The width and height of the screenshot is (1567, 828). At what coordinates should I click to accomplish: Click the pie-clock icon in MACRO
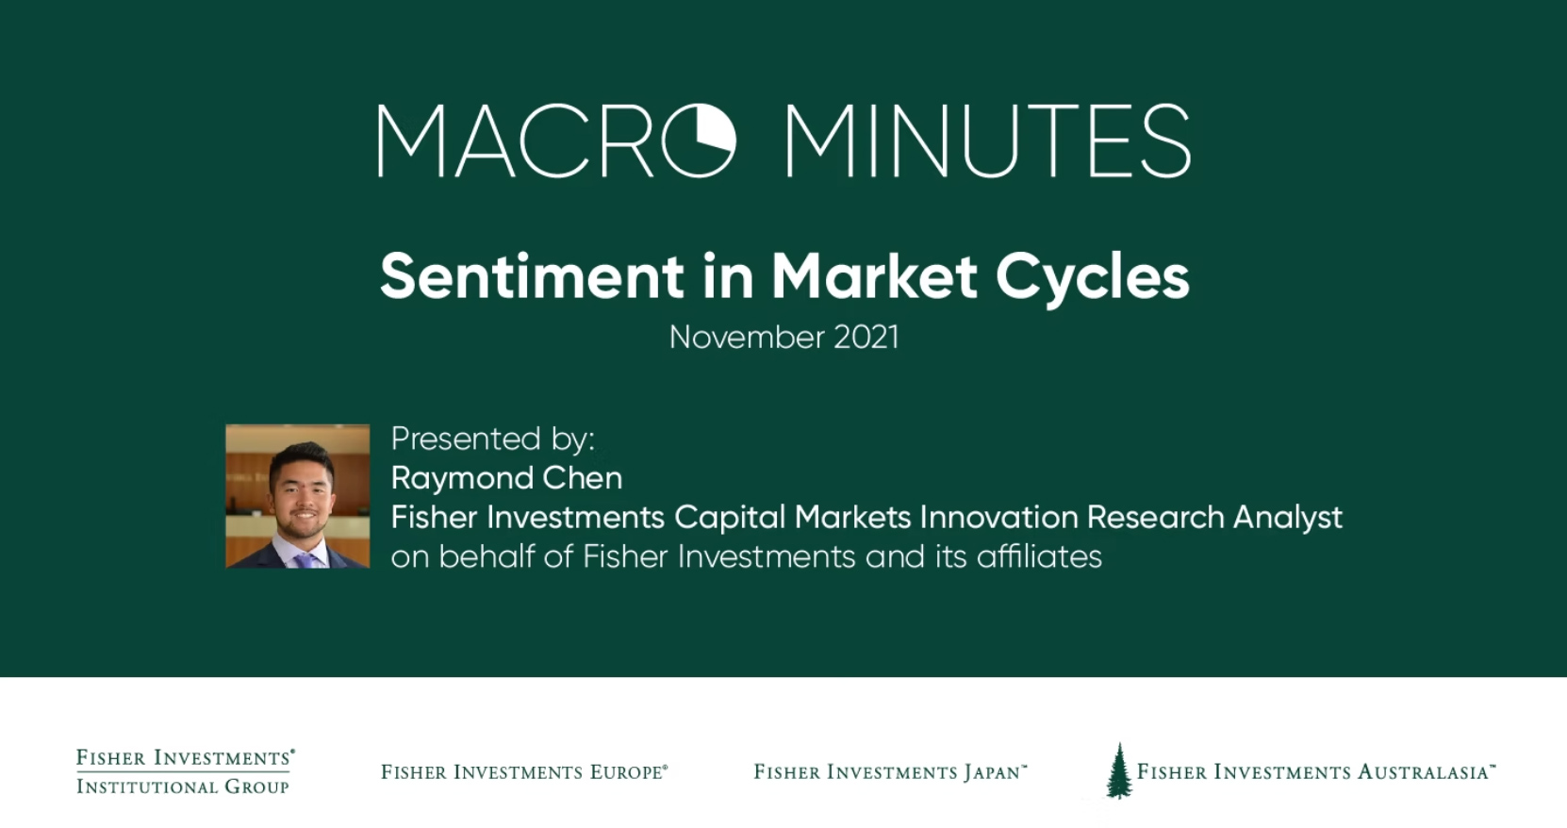pyautogui.click(x=698, y=140)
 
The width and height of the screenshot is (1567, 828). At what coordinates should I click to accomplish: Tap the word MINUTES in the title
pyautogui.click(x=988, y=141)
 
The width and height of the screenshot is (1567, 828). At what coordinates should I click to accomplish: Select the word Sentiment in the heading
pyautogui.click(x=532, y=276)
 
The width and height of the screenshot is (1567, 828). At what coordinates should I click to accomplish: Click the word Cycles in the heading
pyautogui.click(x=1092, y=278)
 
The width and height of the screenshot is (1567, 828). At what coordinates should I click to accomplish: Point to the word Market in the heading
pyautogui.click(x=874, y=276)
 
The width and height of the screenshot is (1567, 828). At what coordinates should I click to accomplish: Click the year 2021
pyautogui.click(x=866, y=338)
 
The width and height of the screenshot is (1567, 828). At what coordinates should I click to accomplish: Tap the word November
pyautogui.click(x=747, y=338)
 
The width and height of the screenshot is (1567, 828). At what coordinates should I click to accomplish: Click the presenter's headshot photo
pyautogui.click(x=297, y=496)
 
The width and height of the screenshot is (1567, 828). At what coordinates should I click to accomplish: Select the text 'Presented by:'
pyautogui.click(x=492, y=439)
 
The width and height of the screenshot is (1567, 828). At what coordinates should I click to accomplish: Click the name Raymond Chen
pyautogui.click(x=506, y=478)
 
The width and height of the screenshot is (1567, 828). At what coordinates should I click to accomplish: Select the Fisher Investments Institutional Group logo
pyautogui.click(x=186, y=771)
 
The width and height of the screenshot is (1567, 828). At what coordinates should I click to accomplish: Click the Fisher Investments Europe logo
pyautogui.click(x=524, y=772)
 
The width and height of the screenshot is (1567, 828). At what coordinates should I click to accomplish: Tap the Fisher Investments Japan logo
pyautogui.click(x=890, y=772)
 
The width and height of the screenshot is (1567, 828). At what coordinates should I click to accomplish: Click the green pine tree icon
pyautogui.click(x=1119, y=770)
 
